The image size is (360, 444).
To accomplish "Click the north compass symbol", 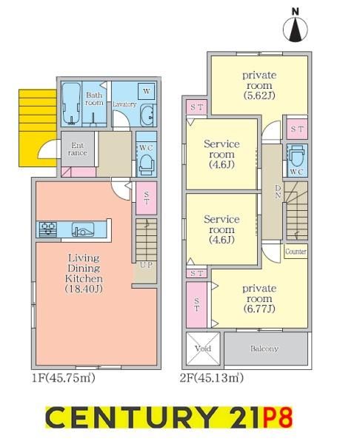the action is pos(296,27).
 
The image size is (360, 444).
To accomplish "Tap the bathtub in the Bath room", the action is pos(71,104).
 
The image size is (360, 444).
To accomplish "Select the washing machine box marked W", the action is pos(146,91).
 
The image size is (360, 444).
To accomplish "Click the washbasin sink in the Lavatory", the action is pos(147,115).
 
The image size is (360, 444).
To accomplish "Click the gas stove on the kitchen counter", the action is pos(47,229).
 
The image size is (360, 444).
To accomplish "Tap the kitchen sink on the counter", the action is pos(82,229).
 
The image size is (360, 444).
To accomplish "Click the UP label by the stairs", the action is pos(146,265).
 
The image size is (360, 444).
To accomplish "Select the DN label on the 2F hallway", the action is pos(278,192).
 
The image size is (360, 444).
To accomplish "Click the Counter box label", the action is pos(296,252).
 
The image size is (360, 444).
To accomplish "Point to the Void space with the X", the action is pos(203,349).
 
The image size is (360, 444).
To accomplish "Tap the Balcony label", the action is pos(264,349).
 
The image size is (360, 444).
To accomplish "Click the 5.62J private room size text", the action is pos(259,95).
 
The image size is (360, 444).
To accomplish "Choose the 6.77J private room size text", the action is pos(259,309).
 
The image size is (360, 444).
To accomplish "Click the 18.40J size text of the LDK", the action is pos(84,289).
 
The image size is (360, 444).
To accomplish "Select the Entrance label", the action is pos(77,149).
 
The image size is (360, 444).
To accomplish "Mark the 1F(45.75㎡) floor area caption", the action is pos(64,377).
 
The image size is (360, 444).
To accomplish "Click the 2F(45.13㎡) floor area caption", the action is pos(211,377).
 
